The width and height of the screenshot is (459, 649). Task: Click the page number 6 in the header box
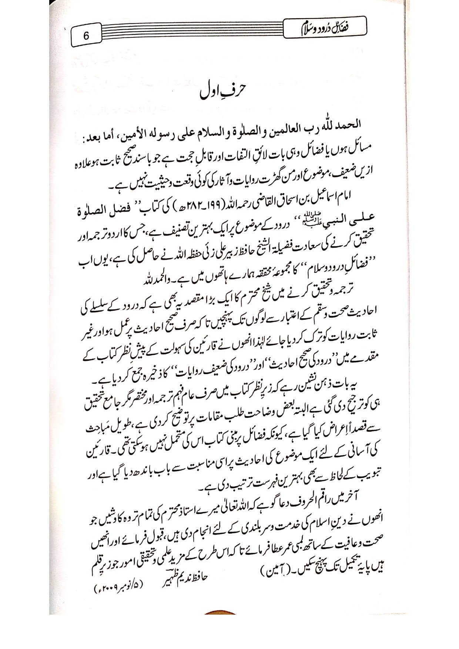tap(86, 36)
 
